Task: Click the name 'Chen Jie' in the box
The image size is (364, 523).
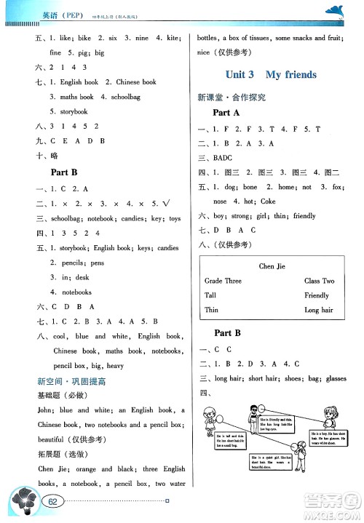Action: [x=271, y=266]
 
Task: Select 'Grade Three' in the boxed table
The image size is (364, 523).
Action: [x=223, y=281]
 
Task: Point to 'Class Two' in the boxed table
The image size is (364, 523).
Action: [x=319, y=281]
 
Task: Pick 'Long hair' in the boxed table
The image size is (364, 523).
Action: [x=319, y=310]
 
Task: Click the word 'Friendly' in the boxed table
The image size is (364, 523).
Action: [x=317, y=295]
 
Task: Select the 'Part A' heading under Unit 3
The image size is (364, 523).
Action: [x=226, y=113]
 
